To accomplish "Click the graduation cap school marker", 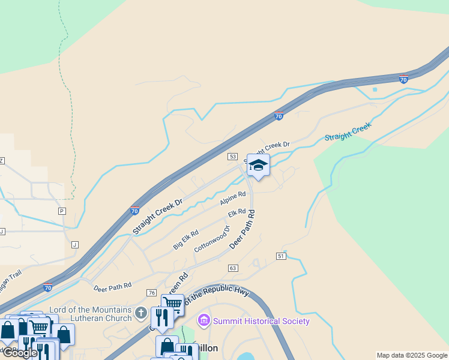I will point(258,166).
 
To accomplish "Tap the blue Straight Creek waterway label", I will point(348,132).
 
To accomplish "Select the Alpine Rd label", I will point(233,198).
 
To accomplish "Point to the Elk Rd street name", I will point(237,214).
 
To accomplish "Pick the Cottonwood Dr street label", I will point(212,240).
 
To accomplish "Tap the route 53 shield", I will point(233,157).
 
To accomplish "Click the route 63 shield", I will point(233,268).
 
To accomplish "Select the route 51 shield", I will point(281,256).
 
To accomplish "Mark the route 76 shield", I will point(151,292).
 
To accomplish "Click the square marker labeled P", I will point(61,211).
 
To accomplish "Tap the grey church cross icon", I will point(140,313).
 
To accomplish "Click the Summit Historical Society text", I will point(262,321).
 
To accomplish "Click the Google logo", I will point(20,353).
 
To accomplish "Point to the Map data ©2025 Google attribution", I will point(412,355).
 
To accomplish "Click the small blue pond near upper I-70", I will point(375,89).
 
